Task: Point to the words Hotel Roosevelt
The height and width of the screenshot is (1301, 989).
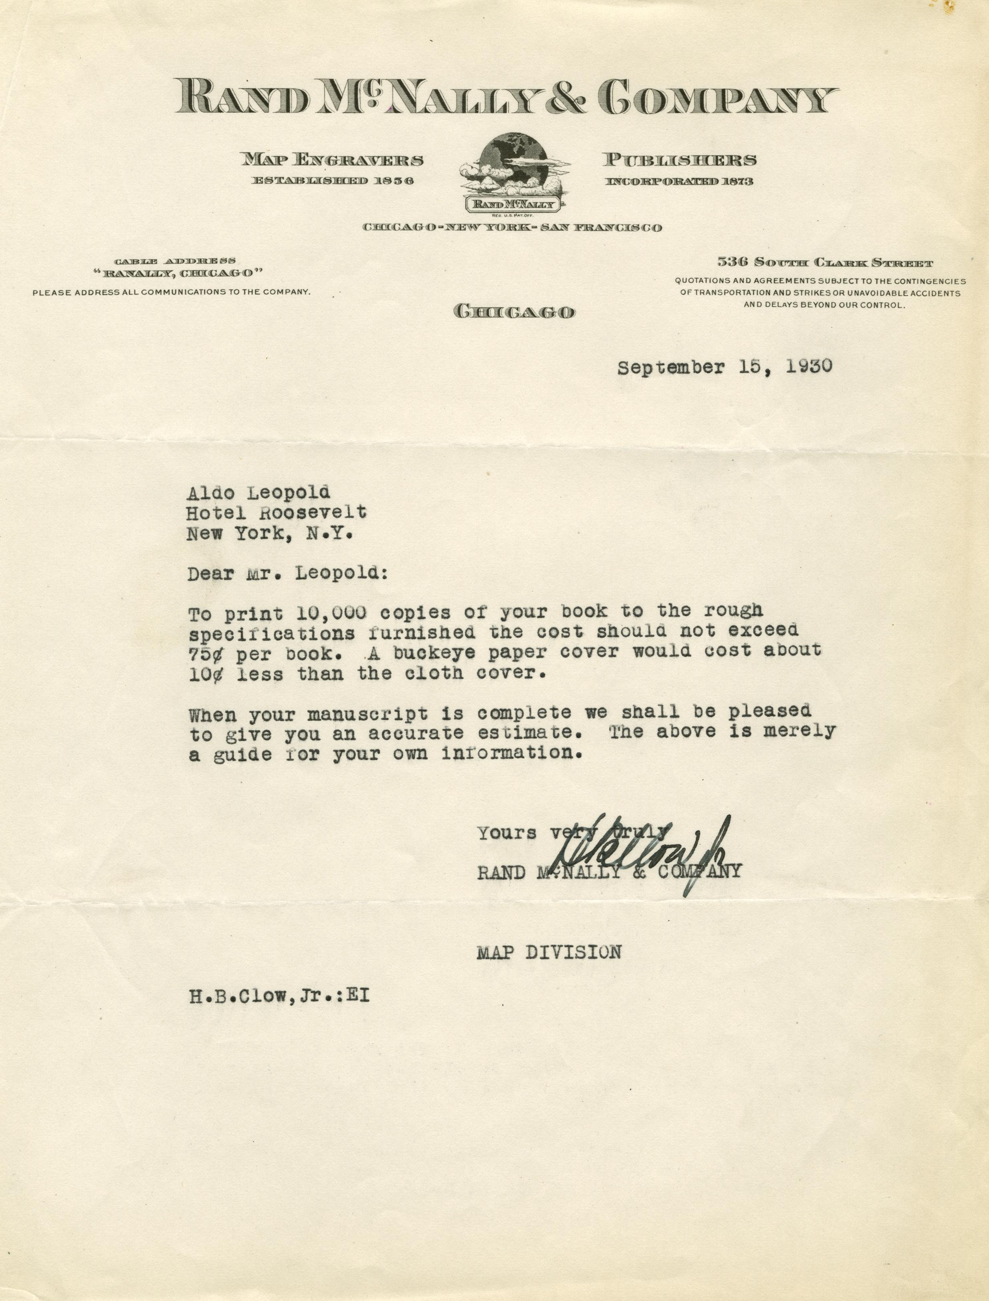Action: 276,512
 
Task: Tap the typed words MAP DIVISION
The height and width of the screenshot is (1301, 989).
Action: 549,953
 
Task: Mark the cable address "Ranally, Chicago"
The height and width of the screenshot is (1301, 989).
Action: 177,273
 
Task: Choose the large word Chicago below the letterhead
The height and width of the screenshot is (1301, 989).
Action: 513,312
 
